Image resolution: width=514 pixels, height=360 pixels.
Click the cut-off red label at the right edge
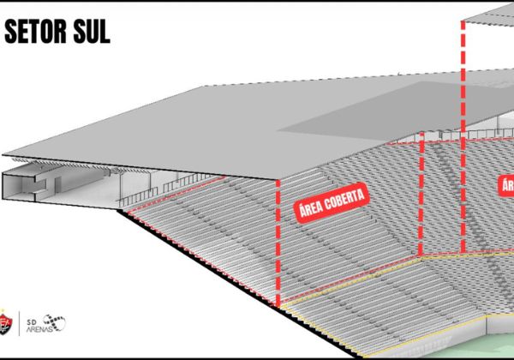(x=506, y=186)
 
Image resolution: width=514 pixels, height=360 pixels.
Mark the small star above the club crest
(x=8, y=307)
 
